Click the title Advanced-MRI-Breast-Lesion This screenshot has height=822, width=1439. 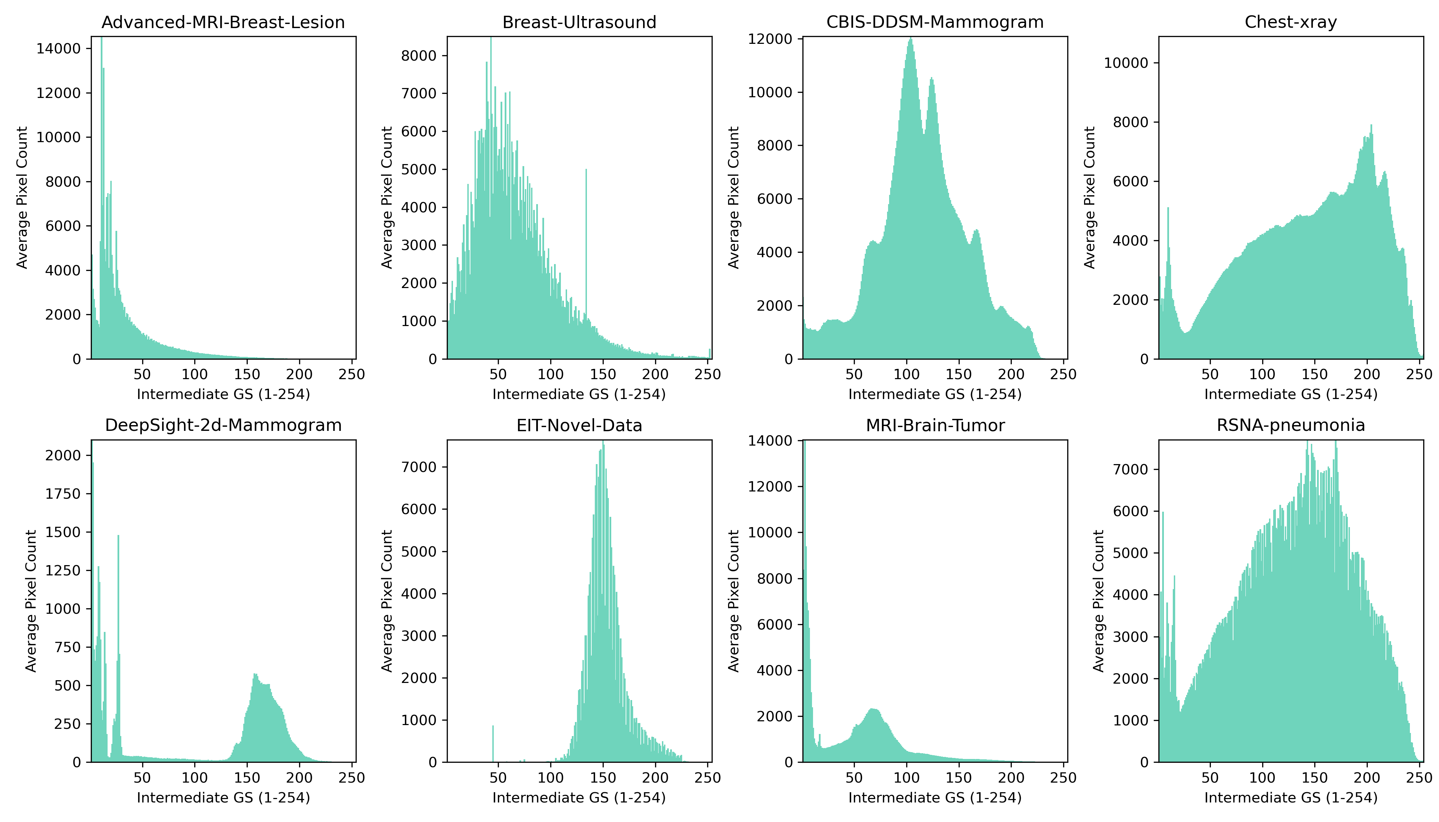223,23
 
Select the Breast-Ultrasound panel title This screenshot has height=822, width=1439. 579,23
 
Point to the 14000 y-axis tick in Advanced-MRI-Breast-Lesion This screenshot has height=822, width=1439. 59,49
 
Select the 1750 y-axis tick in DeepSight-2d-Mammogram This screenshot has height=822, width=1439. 63,494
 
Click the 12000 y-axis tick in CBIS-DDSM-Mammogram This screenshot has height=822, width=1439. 770,39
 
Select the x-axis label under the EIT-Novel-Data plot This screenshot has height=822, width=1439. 579,798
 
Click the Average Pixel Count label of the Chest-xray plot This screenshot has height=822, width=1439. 1090,198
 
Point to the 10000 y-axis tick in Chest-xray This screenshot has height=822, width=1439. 1126,63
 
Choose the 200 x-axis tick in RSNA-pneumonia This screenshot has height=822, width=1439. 1367,778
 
